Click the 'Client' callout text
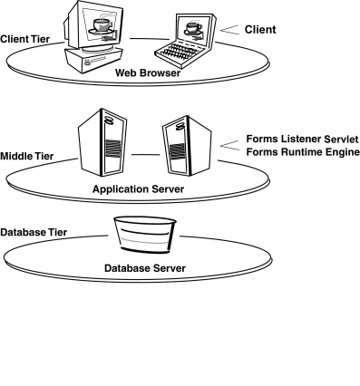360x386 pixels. [260, 29]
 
